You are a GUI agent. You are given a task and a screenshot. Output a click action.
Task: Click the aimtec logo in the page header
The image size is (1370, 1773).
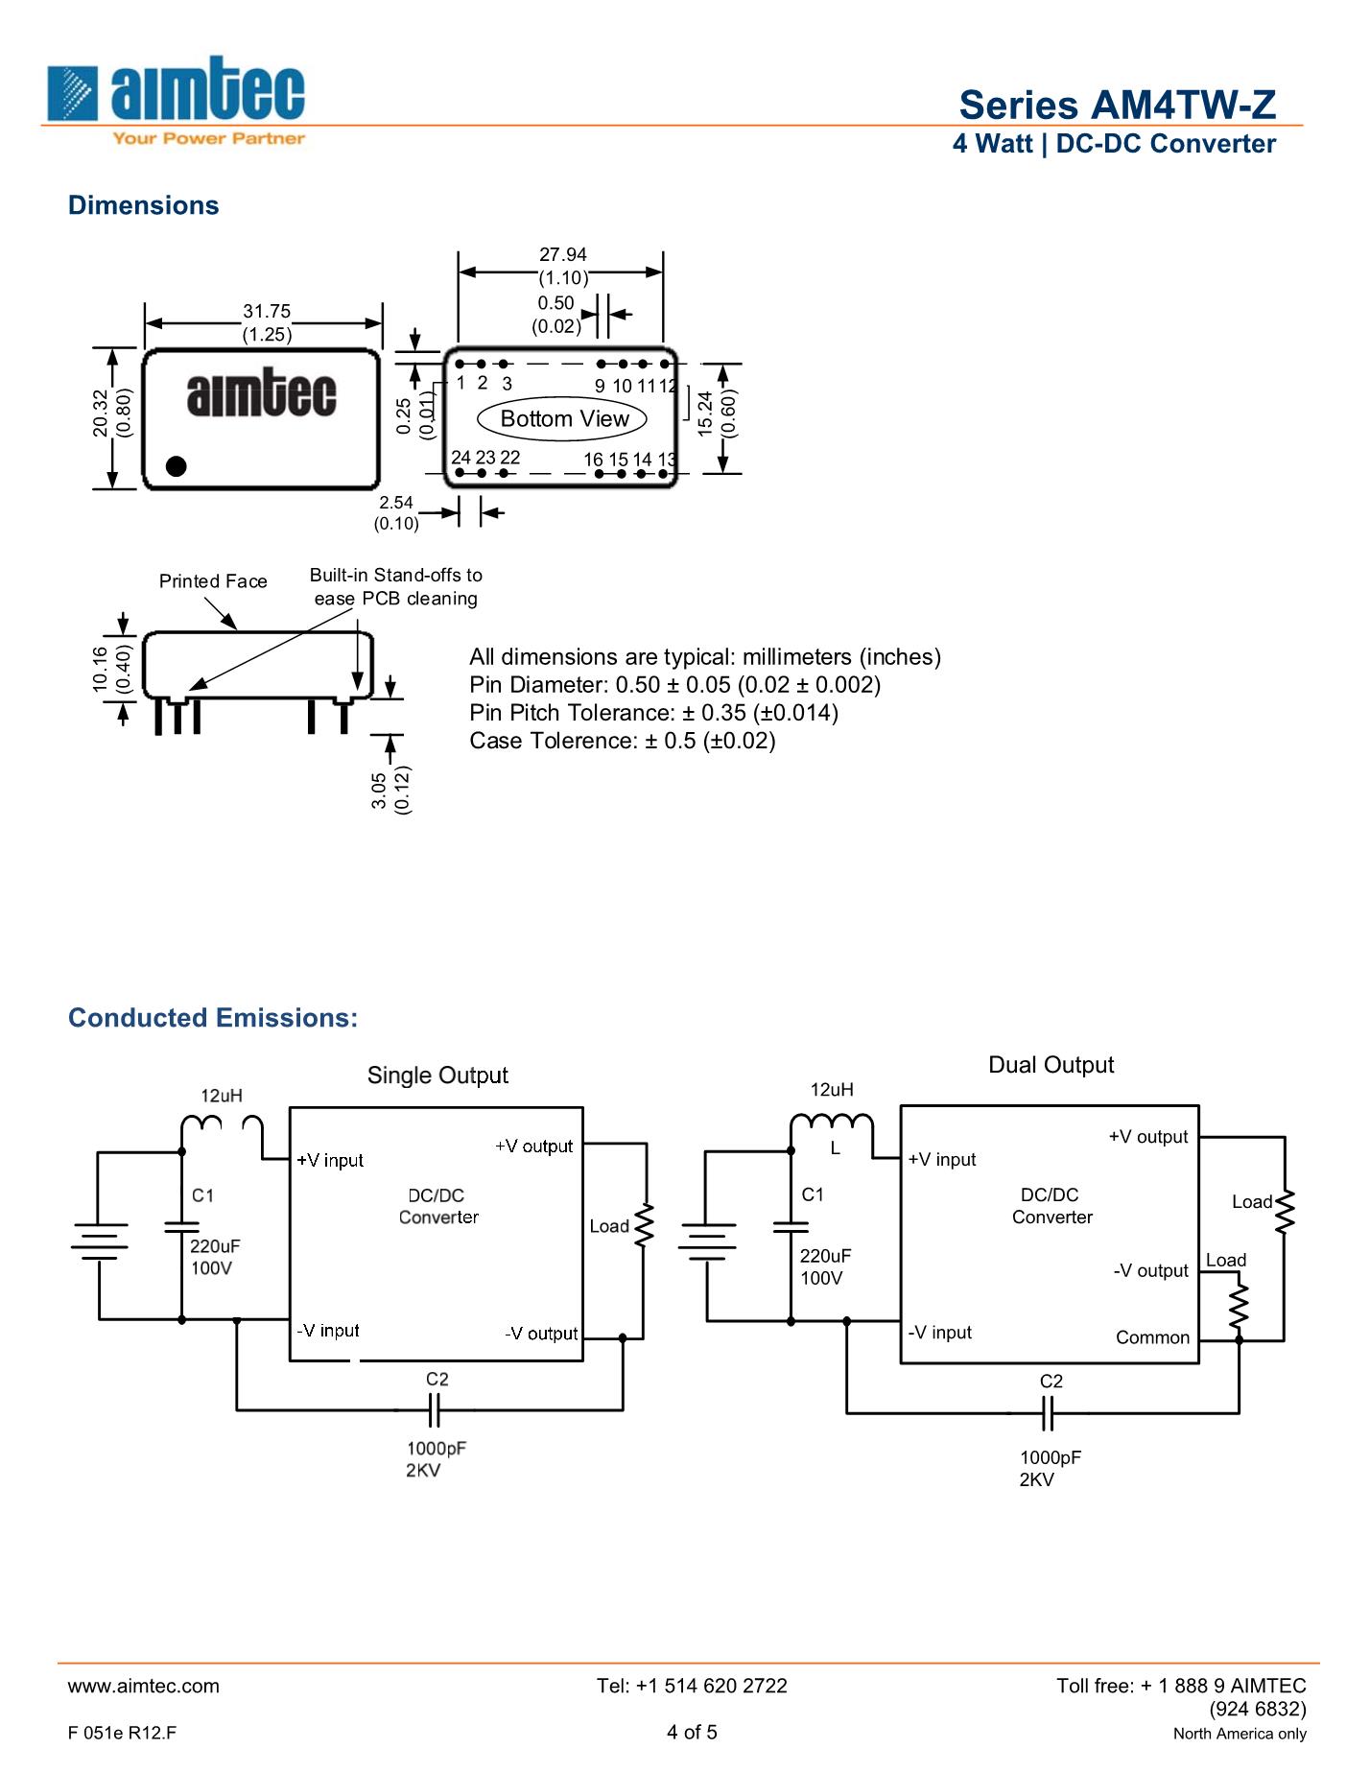176,100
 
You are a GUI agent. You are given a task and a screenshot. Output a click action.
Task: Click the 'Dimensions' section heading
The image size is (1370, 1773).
143,205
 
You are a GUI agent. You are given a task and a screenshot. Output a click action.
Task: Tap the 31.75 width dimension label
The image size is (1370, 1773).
267,311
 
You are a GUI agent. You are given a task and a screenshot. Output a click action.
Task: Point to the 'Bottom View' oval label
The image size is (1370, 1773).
564,419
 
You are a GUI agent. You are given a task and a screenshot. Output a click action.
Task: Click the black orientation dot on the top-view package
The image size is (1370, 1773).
176,466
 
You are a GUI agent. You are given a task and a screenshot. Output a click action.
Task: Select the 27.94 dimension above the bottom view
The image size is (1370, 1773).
562,254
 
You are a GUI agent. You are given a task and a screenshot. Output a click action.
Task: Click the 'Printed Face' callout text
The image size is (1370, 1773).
213,581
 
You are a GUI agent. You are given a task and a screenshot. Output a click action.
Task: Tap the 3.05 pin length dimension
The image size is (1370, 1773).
378,791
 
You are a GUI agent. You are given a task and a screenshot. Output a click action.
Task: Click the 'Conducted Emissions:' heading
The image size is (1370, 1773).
213,1018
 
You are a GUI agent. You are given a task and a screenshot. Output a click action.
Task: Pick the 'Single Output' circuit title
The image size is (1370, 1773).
437,1076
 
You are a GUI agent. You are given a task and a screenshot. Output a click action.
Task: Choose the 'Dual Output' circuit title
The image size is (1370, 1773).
1051,1065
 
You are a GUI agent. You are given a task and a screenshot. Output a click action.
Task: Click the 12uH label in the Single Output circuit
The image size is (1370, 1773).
222,1096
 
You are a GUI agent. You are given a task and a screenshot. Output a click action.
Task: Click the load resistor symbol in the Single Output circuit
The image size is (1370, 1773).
645,1225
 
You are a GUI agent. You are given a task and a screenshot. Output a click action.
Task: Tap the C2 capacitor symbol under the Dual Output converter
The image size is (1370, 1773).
1048,1413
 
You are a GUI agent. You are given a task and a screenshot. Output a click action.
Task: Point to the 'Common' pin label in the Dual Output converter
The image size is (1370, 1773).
1152,1337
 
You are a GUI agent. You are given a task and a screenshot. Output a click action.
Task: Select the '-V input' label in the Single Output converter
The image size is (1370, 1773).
328,1331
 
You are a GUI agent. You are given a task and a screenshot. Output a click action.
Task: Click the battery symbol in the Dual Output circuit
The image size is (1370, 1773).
707,1241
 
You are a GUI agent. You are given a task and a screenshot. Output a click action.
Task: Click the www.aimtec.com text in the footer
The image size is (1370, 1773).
144,1686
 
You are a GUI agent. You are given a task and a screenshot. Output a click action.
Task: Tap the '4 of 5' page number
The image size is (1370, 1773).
692,1732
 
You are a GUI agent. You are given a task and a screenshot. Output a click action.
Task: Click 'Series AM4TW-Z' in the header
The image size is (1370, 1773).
1118,105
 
